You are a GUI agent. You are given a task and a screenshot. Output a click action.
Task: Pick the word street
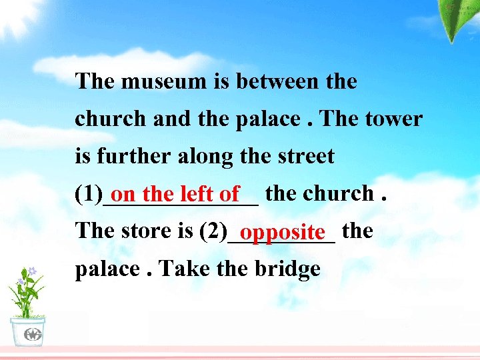[303, 157]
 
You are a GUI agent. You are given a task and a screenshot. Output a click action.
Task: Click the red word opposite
[283, 233]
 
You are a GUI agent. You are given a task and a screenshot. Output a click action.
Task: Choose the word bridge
[287, 269]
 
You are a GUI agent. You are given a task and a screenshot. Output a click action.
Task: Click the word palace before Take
[106, 270]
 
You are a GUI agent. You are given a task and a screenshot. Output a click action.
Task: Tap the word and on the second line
[172, 119]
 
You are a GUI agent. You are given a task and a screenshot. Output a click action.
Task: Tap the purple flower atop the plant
[31, 271]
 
